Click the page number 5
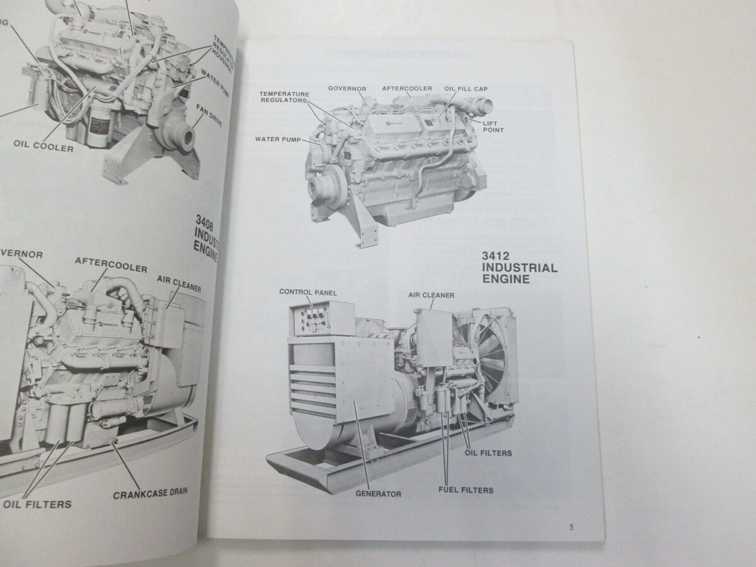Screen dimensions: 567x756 click(x=570, y=527)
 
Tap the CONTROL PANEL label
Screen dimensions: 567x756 click(x=308, y=293)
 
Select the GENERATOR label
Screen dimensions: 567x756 click(x=378, y=494)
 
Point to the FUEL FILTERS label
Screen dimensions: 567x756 click(x=466, y=490)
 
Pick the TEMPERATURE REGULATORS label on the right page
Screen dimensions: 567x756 click(x=283, y=97)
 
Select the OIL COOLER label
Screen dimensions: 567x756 click(x=43, y=149)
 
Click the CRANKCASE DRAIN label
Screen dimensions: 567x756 click(x=151, y=493)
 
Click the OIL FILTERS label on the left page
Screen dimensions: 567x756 click(x=37, y=504)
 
